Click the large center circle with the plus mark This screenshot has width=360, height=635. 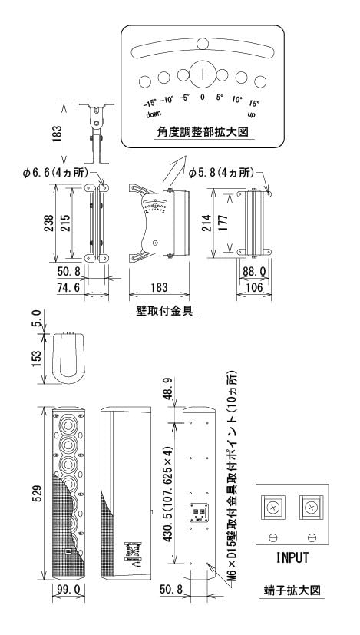tap(202, 74)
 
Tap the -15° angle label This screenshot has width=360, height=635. tap(149, 103)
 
